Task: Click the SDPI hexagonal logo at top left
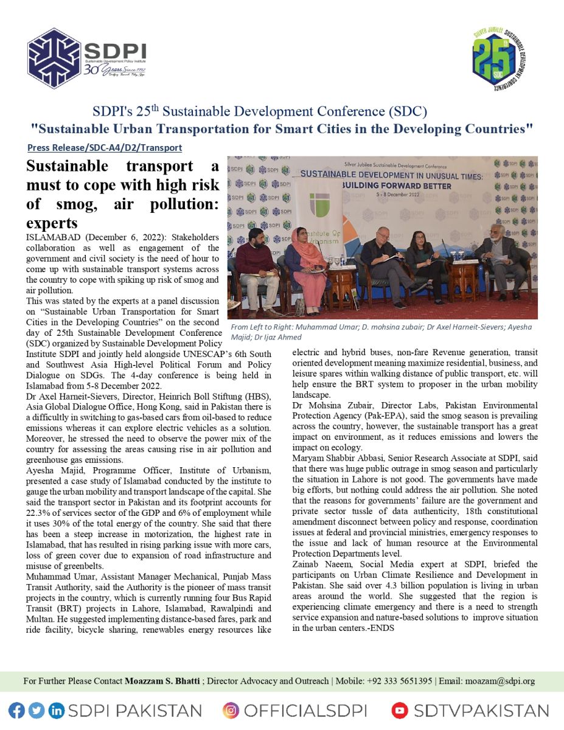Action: click(55, 58)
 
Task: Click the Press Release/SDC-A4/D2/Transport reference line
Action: click(105, 148)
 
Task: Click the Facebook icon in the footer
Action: click(16, 710)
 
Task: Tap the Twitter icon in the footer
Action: click(37, 710)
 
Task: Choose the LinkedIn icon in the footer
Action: click(56, 710)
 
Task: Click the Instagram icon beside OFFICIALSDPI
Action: click(231, 710)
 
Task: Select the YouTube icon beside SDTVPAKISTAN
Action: click(400, 710)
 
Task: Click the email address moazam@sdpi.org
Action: click(500, 681)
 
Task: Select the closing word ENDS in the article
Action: click(383, 628)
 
